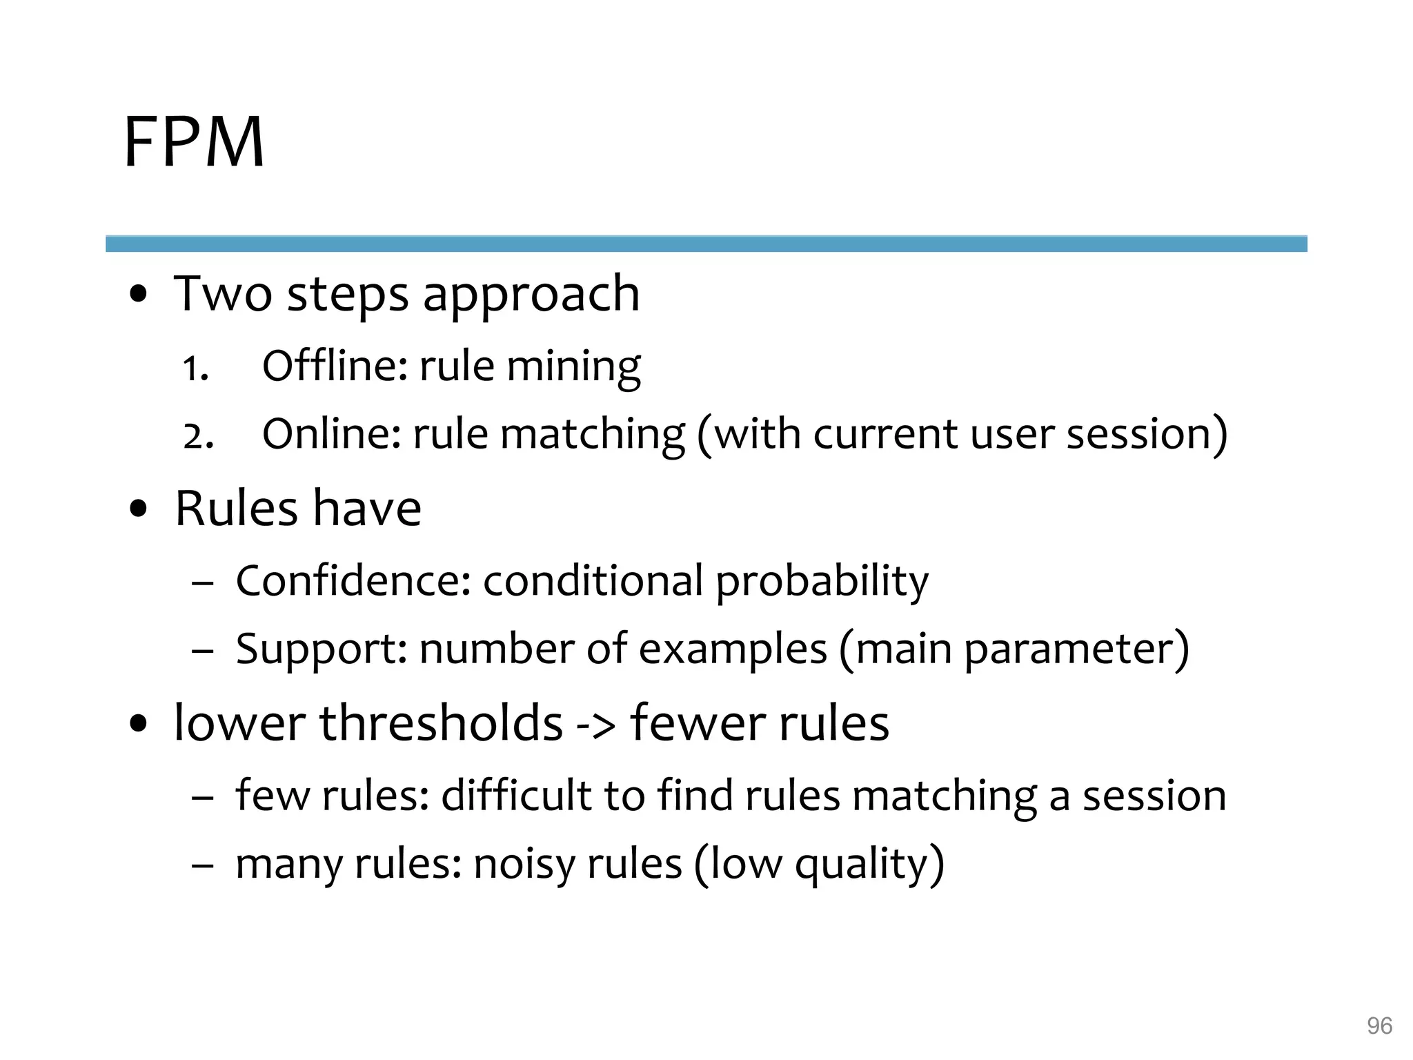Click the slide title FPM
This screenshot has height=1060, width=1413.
point(194,142)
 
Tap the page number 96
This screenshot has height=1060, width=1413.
point(1379,1025)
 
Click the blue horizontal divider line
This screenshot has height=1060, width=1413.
point(706,244)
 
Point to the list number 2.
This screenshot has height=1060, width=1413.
point(198,436)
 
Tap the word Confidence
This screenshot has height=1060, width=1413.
point(353,580)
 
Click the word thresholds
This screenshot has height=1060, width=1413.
point(441,723)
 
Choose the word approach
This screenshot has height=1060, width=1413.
point(531,295)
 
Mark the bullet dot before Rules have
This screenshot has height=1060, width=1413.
point(139,510)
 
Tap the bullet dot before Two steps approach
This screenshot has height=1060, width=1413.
point(139,295)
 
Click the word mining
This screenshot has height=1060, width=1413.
point(573,367)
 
